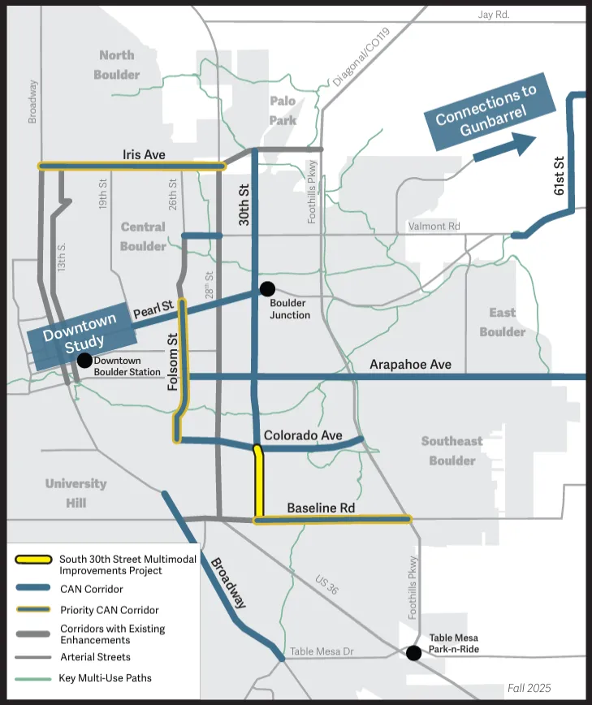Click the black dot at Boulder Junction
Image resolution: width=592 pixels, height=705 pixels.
(266, 288)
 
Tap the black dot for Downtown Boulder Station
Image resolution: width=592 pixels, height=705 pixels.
(84, 361)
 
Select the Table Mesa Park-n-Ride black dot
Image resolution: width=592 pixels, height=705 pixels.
(413, 652)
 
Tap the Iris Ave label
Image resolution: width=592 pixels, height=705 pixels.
(144, 154)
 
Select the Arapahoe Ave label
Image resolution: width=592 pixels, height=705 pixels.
(410, 365)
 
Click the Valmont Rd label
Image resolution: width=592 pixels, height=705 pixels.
(436, 227)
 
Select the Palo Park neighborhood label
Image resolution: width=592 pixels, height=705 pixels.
(283, 111)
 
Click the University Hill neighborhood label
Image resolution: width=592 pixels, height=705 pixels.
(76, 493)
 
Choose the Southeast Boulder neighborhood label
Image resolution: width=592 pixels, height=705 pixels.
(452, 451)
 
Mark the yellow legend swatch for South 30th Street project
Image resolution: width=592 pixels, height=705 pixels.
(33, 561)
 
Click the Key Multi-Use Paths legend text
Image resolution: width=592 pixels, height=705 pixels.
(106, 678)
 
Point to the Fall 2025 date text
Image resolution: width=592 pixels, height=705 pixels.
(529, 688)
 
